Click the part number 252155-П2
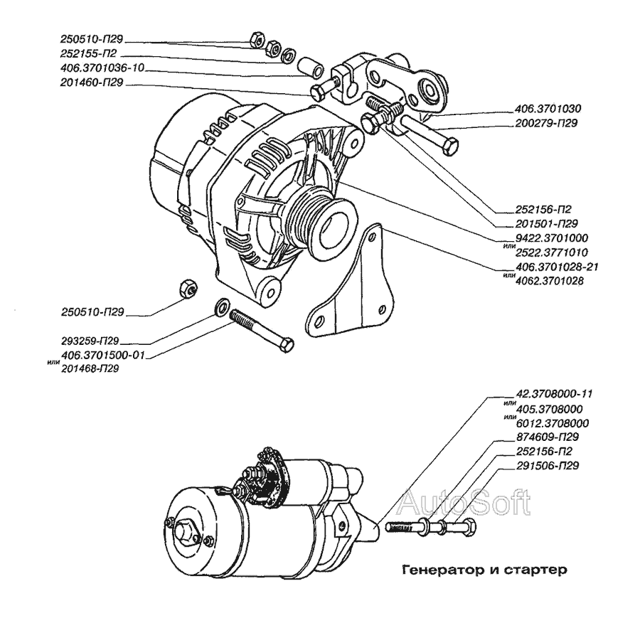click(x=89, y=53)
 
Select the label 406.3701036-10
click(x=102, y=68)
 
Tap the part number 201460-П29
click(x=92, y=82)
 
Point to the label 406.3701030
click(x=548, y=109)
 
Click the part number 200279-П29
click(x=547, y=123)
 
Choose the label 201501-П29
click(x=547, y=224)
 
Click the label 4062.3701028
click(x=550, y=281)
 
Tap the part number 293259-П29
click(x=90, y=341)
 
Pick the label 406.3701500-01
click(x=103, y=355)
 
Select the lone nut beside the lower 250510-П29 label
click(x=188, y=289)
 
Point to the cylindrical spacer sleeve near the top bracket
click(x=311, y=67)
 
